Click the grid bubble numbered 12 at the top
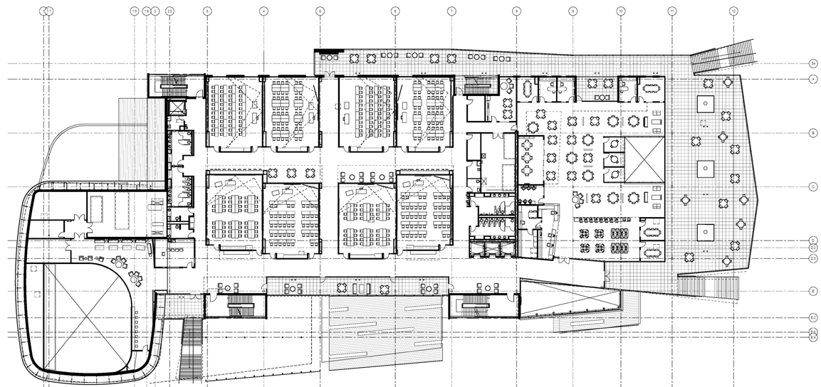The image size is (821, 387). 733,11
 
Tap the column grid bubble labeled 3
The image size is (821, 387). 206,11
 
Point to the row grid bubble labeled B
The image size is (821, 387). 812,133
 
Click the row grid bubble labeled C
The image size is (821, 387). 812,187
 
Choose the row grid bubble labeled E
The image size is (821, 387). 812,292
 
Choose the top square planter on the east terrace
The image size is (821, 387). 704,103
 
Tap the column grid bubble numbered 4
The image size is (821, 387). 263,11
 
